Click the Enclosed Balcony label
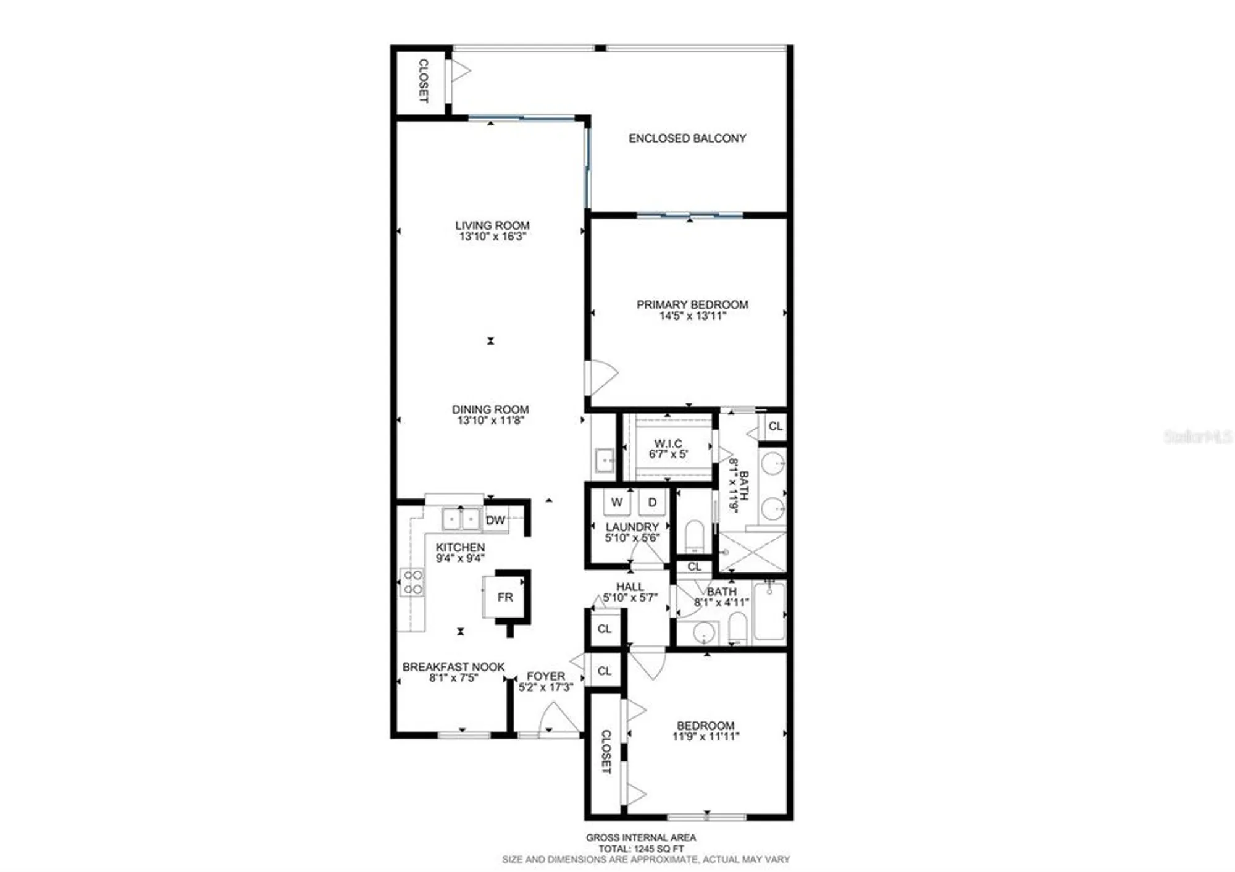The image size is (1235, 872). [x=687, y=138]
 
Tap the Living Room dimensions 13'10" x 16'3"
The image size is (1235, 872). [x=492, y=237]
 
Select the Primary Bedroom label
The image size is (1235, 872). [x=692, y=304]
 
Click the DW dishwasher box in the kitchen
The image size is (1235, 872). [x=495, y=520]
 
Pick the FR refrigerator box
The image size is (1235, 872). [x=505, y=597]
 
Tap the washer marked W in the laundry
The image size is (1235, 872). [x=616, y=502]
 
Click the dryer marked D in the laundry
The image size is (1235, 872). [x=652, y=502]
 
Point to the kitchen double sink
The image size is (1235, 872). [x=461, y=519]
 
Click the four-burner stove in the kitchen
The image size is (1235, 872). [x=412, y=582]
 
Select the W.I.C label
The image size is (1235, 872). [x=668, y=443]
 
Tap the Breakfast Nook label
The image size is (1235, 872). [x=453, y=667]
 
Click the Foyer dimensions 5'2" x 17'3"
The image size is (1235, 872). [x=546, y=687]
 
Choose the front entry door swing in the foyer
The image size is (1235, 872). [x=558, y=719]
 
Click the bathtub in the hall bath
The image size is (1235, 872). [x=769, y=611]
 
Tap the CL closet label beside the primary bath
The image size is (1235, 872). [x=775, y=426]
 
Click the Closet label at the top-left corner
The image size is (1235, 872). [x=423, y=81]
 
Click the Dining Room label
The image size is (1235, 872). [x=490, y=409]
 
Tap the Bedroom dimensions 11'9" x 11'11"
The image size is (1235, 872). [x=705, y=736]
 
